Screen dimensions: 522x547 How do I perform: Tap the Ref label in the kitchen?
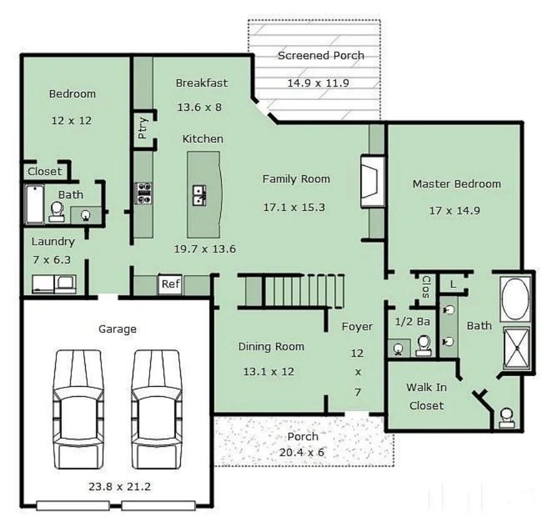pos(170,284)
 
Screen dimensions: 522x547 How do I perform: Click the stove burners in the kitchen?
pos(143,193)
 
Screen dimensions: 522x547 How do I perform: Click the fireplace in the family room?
pos(372,182)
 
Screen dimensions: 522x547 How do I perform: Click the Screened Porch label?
pos(320,55)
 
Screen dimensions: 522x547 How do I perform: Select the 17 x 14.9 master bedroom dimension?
pos(454,210)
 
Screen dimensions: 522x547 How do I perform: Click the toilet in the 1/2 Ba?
pos(424,344)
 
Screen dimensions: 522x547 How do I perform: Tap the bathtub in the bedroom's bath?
pos(34,204)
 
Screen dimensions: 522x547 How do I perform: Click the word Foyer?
pos(357,326)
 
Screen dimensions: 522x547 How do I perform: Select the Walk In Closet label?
pos(426,396)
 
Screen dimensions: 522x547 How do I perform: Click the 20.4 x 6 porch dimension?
pos(302,452)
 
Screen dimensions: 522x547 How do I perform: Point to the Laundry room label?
pos(53,241)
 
